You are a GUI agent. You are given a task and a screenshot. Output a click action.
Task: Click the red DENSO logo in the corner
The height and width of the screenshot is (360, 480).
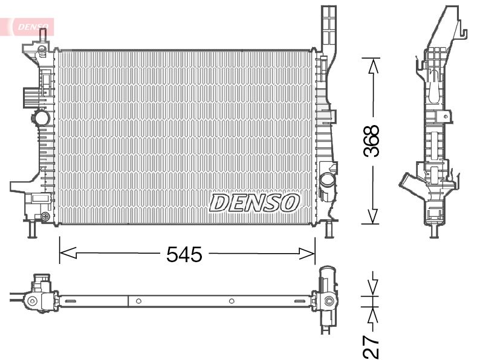point(30,26)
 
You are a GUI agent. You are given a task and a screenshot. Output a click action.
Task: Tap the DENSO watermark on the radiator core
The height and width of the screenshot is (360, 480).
point(254,203)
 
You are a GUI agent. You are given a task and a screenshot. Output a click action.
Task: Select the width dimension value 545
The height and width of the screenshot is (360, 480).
point(184,255)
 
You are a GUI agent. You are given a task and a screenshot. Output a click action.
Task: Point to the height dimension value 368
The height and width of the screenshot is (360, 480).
point(372,141)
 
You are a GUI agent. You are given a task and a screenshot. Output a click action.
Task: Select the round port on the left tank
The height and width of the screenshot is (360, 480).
point(41,117)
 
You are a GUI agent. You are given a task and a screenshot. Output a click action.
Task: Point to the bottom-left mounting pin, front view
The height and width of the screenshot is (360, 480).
point(31,230)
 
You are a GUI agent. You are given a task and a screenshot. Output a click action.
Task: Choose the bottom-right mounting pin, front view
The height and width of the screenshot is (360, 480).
point(329,230)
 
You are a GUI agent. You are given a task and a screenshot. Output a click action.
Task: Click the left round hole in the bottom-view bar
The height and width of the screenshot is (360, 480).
point(138,301)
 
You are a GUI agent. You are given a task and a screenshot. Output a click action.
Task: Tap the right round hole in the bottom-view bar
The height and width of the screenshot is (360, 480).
point(232,301)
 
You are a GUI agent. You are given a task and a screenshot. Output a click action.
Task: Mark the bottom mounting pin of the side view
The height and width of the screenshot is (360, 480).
point(432,231)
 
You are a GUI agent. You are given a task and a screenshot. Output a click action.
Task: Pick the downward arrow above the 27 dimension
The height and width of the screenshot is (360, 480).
point(372,284)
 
